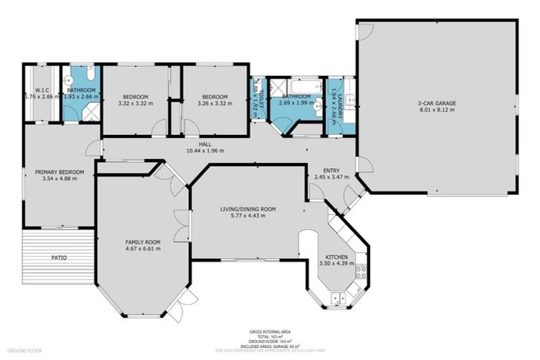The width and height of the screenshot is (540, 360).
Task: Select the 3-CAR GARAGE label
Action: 437,103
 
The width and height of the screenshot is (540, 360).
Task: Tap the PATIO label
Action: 59,257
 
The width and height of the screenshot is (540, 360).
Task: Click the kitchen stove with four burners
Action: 361,271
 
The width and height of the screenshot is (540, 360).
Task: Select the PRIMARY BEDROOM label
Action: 60,172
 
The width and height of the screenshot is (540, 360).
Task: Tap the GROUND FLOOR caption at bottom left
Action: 25,349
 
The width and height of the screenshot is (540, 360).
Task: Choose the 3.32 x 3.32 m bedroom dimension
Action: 136,104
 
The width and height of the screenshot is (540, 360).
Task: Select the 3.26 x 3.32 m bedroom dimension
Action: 215,104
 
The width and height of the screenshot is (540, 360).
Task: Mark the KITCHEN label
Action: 333,257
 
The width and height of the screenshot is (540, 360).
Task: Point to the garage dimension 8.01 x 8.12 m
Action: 437,110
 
